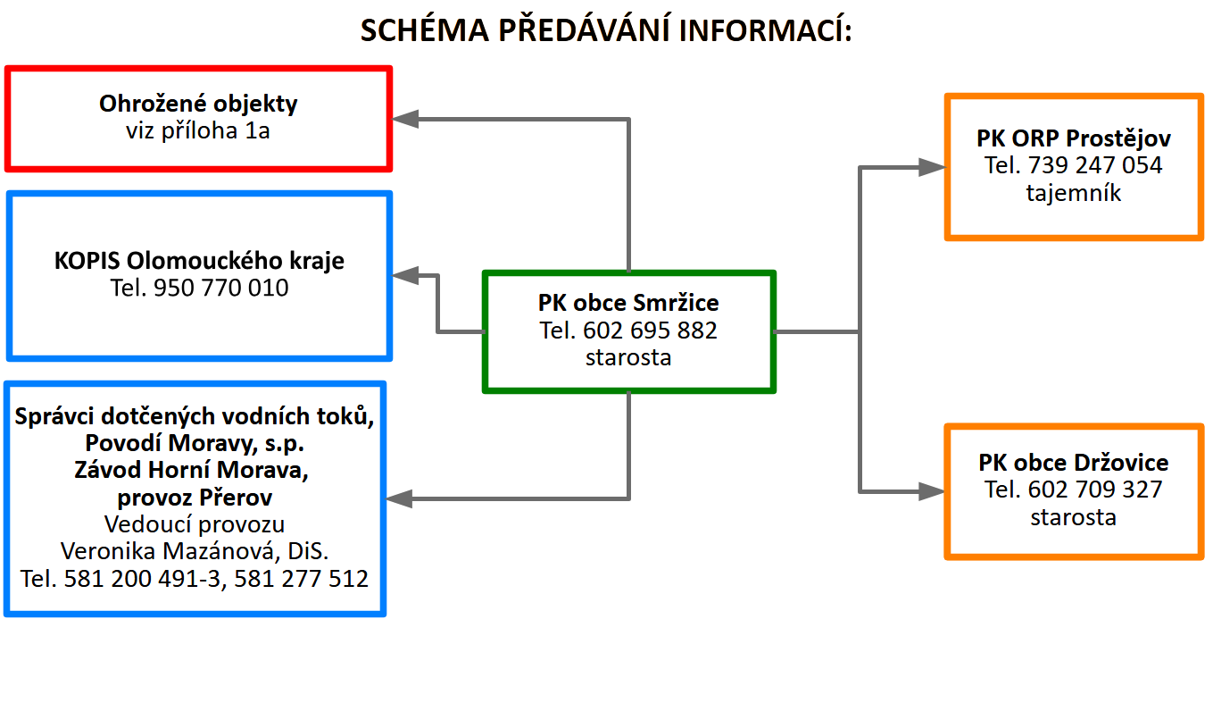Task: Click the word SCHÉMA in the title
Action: pyautogui.click(x=425, y=29)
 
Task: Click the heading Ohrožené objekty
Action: pyautogui.click(x=198, y=104)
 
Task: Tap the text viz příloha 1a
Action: pyautogui.click(x=197, y=131)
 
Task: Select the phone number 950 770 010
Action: pyautogui.click(x=221, y=288)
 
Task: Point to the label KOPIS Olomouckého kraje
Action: pyautogui.click(x=199, y=261)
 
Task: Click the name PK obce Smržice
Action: pyautogui.click(x=628, y=303)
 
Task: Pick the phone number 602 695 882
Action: pyautogui.click(x=650, y=331)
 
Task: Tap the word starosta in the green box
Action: pyautogui.click(x=628, y=357)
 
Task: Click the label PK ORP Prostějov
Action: pyautogui.click(x=1073, y=138)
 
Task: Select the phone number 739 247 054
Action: pyautogui.click(x=1095, y=165)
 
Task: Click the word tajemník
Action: pyautogui.click(x=1073, y=193)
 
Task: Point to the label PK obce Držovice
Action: pyautogui.click(x=1073, y=463)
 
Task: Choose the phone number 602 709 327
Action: pyautogui.click(x=1095, y=490)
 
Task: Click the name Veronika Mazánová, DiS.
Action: pyautogui.click(x=195, y=551)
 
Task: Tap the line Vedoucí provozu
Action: pyautogui.click(x=195, y=524)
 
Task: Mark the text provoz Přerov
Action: pyautogui.click(x=195, y=497)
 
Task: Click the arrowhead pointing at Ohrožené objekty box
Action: pyautogui.click(x=404, y=119)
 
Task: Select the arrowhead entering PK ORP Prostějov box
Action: pyautogui.click(x=933, y=167)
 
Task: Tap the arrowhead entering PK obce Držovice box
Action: pyautogui.click(x=932, y=491)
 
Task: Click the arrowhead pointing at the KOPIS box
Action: pyautogui.click(x=404, y=276)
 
